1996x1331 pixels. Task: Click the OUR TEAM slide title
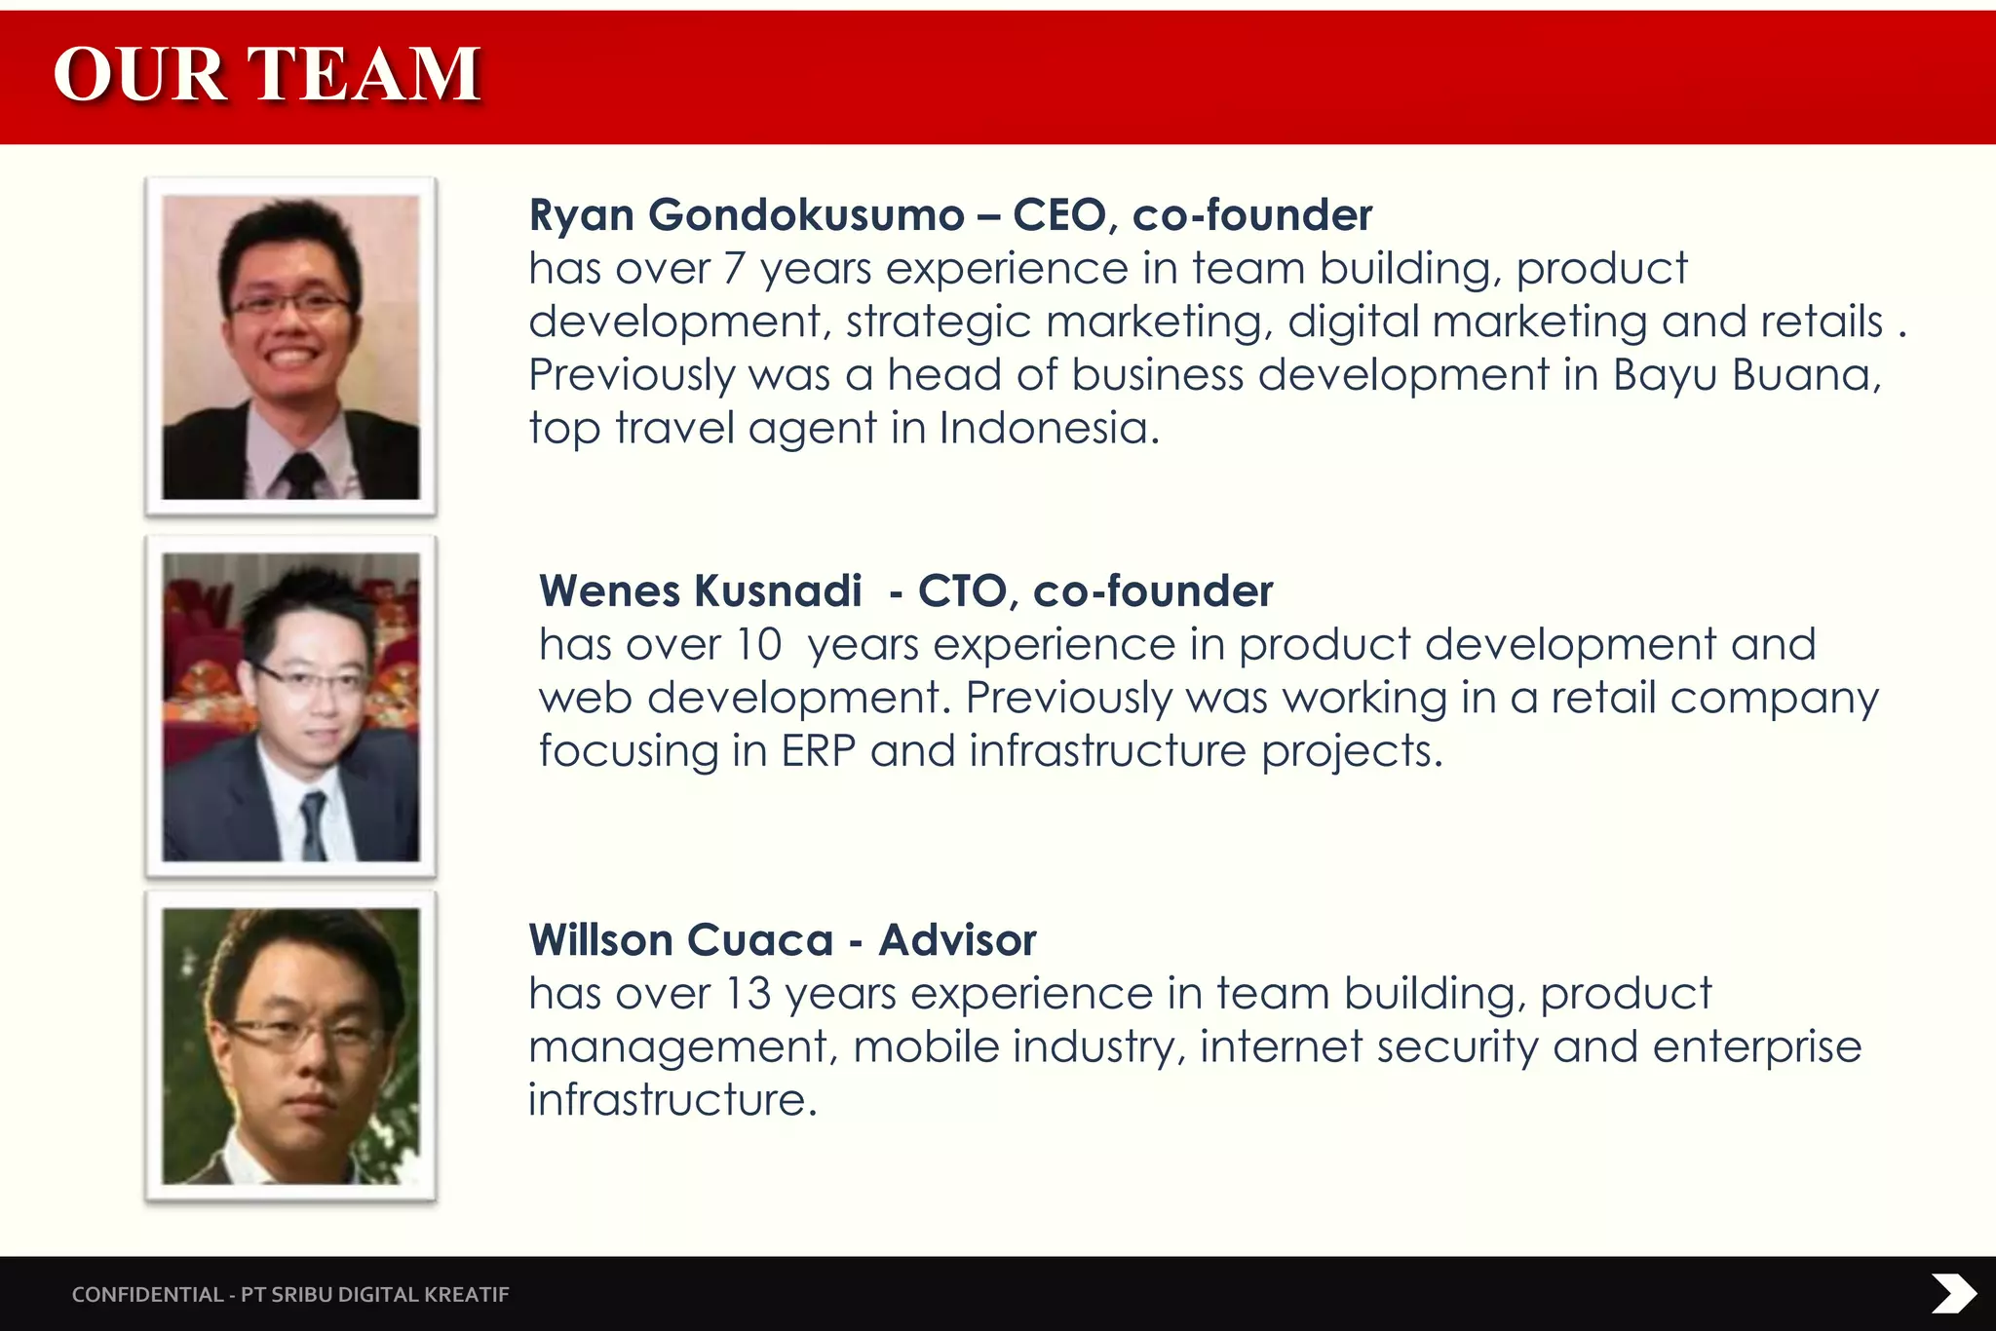(x=266, y=75)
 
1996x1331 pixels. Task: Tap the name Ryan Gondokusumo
(x=747, y=214)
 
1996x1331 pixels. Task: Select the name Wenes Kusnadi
(x=700, y=590)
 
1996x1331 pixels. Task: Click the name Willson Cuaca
(x=680, y=940)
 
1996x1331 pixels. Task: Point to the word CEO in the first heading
(x=1059, y=214)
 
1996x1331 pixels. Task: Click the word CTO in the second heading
(x=962, y=590)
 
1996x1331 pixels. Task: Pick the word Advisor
(x=957, y=940)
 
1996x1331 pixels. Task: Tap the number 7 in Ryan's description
(x=734, y=269)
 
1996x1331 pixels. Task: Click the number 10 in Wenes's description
(x=758, y=645)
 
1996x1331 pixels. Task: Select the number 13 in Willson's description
(x=748, y=994)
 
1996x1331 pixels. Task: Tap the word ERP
(x=818, y=751)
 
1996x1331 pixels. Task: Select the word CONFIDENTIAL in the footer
(x=147, y=1294)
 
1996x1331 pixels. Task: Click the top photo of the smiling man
(x=290, y=347)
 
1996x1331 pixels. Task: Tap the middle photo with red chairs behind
(x=290, y=706)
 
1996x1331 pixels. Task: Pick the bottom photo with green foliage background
(x=290, y=1046)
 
